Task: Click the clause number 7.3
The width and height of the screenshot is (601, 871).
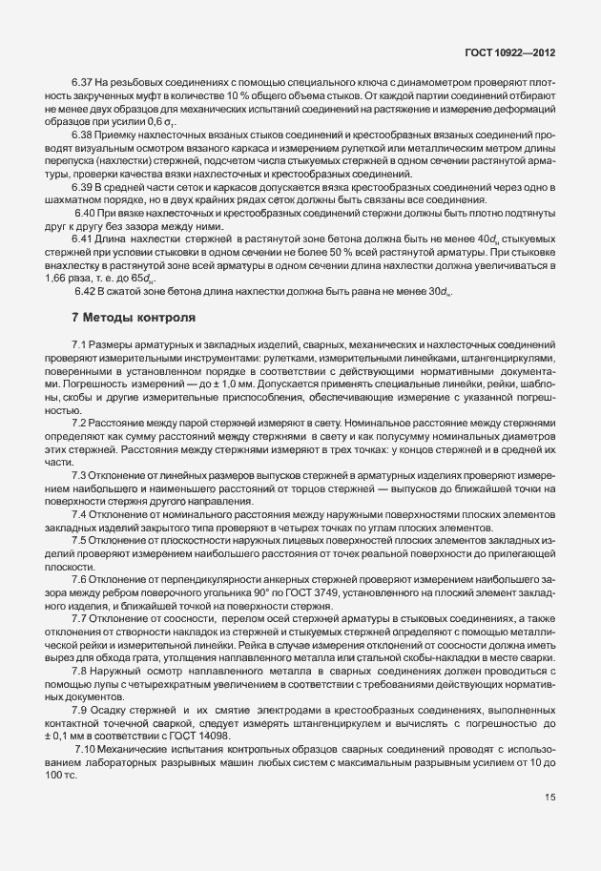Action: tap(80, 474)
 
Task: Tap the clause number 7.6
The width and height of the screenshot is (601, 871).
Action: tap(80, 578)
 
